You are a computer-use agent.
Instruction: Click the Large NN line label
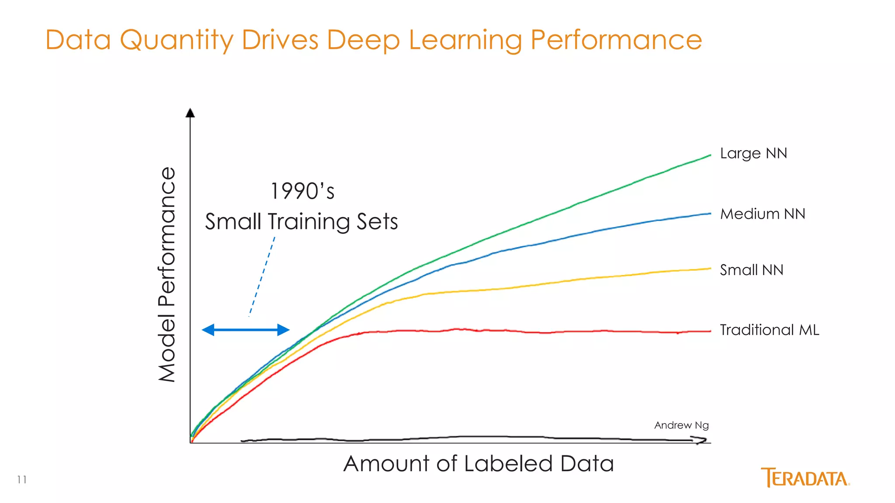pos(753,154)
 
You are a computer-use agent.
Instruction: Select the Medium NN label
pos(762,214)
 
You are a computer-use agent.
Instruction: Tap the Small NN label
pos(751,270)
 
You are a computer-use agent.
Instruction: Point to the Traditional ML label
pos(769,330)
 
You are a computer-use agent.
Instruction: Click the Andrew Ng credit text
pos(681,425)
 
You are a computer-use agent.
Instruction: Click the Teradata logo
pos(805,478)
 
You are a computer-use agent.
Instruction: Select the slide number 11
pos(22,480)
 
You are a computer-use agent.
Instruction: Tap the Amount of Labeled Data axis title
pos(479,464)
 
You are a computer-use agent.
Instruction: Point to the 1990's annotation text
pos(302,191)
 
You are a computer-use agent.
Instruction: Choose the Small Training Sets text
pos(302,221)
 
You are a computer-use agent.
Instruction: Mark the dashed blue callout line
pos(262,276)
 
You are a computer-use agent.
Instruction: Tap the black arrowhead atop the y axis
pos(190,113)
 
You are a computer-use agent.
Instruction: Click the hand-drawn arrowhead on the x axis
pos(701,441)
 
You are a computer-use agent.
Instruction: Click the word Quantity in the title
pos(177,40)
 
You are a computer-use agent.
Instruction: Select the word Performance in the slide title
pos(616,40)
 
